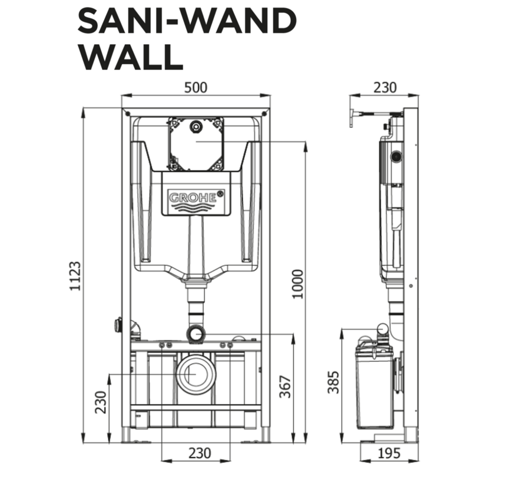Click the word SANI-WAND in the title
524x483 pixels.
tap(187, 20)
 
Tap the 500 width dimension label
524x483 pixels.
tap(196, 88)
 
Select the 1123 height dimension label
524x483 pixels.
tap(75, 276)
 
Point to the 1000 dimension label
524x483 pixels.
tap(297, 284)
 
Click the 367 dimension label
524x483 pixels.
tap(285, 387)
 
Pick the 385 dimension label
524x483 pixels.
tap(333, 382)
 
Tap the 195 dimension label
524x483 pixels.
tap(389, 453)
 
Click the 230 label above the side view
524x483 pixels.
tap(385, 88)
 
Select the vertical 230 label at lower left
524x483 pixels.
tap(101, 402)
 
